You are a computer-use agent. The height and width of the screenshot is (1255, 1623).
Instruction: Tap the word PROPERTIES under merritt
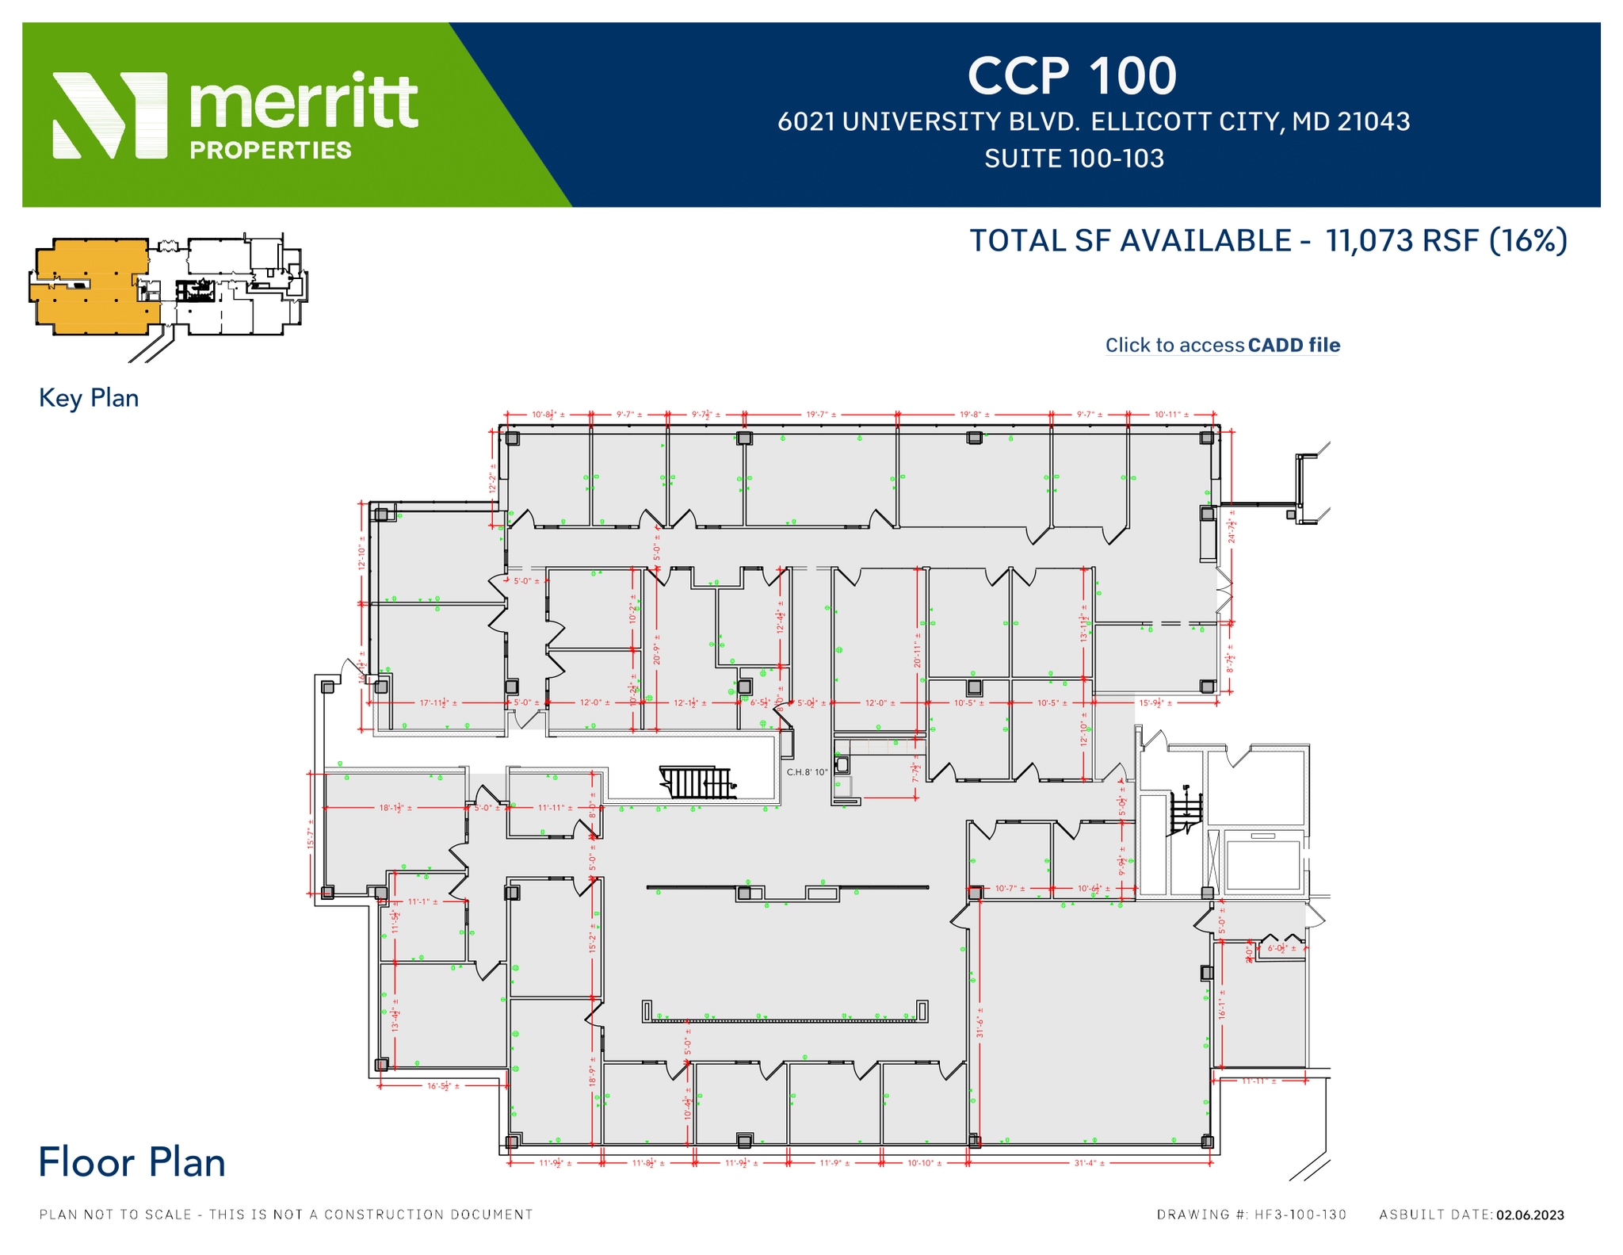(x=270, y=150)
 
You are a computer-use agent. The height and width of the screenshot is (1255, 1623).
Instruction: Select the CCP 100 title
(x=1071, y=76)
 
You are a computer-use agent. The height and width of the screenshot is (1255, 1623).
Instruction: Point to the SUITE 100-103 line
(x=1074, y=159)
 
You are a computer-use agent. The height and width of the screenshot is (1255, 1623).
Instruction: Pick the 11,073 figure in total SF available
(x=1369, y=240)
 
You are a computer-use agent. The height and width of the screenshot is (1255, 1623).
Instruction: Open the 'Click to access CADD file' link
(x=1222, y=345)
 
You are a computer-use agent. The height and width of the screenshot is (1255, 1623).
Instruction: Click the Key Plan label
(x=89, y=397)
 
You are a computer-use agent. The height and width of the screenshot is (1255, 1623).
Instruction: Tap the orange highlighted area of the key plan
(x=87, y=285)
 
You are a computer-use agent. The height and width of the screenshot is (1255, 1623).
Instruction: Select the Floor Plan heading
(x=132, y=1162)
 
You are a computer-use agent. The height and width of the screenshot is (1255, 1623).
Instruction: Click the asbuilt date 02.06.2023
(x=1529, y=1215)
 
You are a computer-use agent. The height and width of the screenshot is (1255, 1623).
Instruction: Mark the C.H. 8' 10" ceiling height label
(x=807, y=771)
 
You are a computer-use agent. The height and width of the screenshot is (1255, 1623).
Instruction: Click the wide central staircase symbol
(x=697, y=782)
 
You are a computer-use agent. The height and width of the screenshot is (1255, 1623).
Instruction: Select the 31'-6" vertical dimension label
(x=980, y=1022)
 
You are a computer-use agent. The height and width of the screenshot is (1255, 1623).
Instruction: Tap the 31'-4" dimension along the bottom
(x=1089, y=1163)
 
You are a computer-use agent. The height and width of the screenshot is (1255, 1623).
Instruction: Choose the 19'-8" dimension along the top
(x=974, y=414)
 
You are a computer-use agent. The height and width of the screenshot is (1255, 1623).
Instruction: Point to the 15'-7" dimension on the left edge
(x=311, y=833)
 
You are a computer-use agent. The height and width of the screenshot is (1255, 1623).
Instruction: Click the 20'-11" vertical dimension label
(x=918, y=649)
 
